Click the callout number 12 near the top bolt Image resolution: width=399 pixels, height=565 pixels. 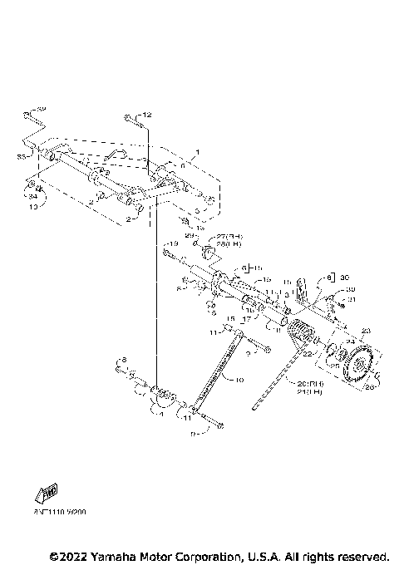pos(148,114)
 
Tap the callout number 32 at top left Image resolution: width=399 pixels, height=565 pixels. pos(42,109)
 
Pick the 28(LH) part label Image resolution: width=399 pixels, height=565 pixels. pos(228,245)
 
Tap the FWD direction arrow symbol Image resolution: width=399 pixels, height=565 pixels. pos(44,494)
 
